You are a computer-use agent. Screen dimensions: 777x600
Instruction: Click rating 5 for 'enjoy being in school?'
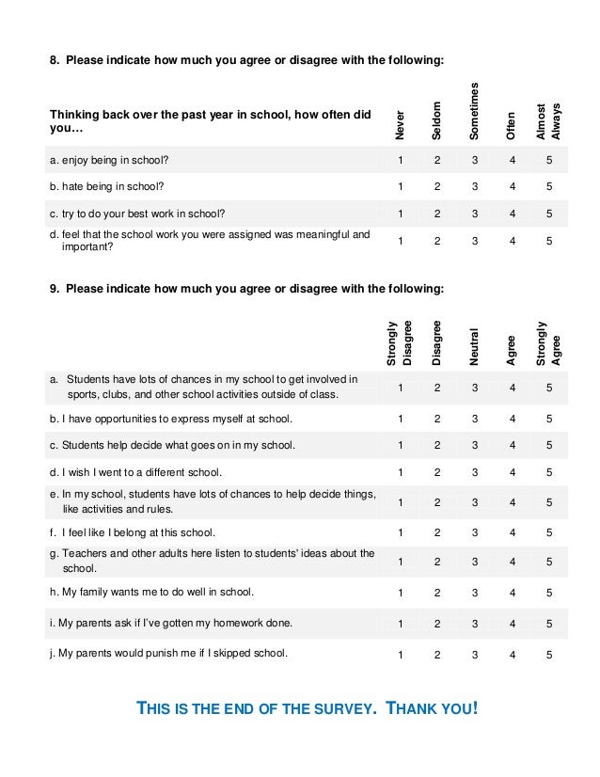coord(549,159)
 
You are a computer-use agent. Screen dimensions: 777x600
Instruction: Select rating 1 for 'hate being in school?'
coord(401,185)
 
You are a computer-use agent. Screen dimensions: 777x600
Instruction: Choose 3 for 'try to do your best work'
coord(475,213)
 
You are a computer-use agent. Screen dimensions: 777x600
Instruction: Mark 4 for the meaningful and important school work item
coord(513,241)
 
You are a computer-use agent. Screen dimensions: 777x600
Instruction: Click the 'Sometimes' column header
coord(475,110)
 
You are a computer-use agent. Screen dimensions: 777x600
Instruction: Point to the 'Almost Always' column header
coord(548,120)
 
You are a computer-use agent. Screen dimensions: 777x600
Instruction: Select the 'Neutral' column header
coord(475,345)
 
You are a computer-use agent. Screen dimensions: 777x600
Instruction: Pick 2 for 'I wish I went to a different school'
coord(437,471)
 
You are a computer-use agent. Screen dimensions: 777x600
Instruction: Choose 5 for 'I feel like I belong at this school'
coord(549,531)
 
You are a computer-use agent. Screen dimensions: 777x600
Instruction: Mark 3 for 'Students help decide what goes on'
coord(475,445)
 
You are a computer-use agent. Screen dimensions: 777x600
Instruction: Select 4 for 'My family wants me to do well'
coord(513,593)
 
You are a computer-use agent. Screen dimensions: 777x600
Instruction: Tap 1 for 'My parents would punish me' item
coord(401,654)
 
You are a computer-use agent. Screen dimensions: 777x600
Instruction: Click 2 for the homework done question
coord(437,623)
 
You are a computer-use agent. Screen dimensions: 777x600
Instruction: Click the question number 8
coord(54,61)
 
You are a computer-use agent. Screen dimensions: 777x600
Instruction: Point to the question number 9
coord(54,288)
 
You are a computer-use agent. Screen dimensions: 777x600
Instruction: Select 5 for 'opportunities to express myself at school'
coord(549,419)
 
